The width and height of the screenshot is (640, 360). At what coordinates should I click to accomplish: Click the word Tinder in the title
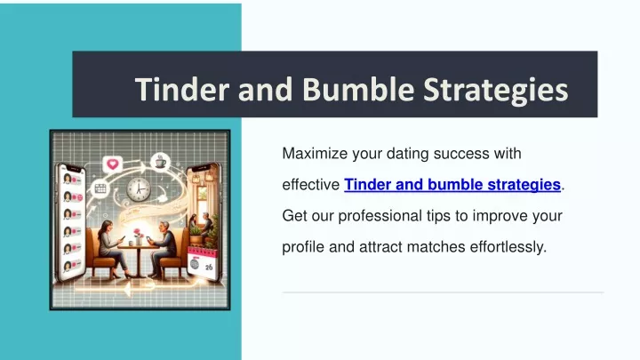pyautogui.click(x=182, y=89)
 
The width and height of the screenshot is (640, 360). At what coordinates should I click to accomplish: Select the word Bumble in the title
pyautogui.click(x=359, y=89)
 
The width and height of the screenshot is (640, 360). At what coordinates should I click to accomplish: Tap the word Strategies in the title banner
pyautogui.click(x=495, y=90)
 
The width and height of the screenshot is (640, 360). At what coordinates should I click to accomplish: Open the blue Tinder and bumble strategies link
pyautogui.click(x=452, y=185)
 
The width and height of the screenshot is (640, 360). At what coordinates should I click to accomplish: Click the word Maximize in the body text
pyautogui.click(x=315, y=154)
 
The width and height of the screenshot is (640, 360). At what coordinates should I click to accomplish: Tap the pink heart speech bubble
pyautogui.click(x=113, y=164)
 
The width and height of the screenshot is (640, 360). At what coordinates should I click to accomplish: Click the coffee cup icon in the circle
pyautogui.click(x=160, y=162)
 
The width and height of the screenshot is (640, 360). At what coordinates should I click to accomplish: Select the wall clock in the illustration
pyautogui.click(x=139, y=189)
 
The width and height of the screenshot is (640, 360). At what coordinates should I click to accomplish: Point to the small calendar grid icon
pyautogui.click(x=100, y=188)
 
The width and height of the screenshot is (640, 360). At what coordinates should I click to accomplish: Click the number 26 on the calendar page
pyautogui.click(x=209, y=268)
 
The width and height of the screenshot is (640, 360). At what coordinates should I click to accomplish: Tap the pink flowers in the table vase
pyautogui.click(x=138, y=233)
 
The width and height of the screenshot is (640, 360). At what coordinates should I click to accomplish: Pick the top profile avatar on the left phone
pyautogui.click(x=68, y=179)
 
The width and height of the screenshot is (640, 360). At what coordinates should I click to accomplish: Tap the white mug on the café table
pyautogui.click(x=131, y=244)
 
